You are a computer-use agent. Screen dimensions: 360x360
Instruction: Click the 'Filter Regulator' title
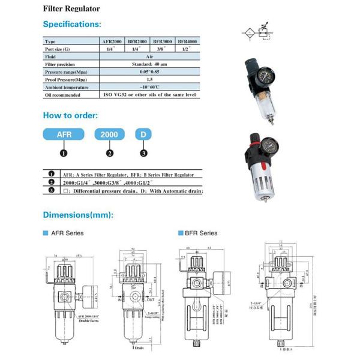(x=71, y=9)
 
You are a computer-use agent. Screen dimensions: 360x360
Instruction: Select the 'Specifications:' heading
(x=71, y=25)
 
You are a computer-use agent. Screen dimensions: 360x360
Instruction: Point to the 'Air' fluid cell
(x=149, y=56)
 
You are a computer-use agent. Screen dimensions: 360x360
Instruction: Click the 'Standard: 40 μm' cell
(x=149, y=64)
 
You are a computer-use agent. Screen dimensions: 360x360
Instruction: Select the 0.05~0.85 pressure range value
(x=149, y=71)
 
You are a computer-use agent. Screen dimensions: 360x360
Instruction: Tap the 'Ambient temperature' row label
(x=67, y=87)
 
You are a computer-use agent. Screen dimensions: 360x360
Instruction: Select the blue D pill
(x=143, y=135)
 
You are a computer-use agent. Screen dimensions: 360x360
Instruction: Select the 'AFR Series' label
(x=67, y=233)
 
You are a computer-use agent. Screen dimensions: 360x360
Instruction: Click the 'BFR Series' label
(x=200, y=233)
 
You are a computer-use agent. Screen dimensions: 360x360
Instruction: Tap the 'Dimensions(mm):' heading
(x=78, y=215)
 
